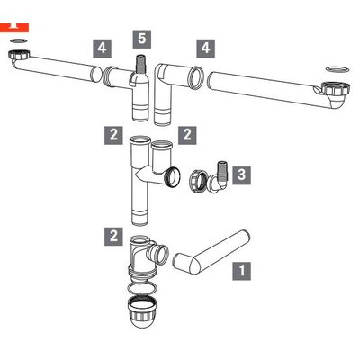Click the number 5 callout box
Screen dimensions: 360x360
point(142,39)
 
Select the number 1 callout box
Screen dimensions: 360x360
point(242,271)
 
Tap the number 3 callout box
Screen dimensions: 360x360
point(242,175)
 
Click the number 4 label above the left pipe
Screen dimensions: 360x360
point(102,48)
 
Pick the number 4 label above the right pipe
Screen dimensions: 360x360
point(206,48)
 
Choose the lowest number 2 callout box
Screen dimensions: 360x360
point(113,237)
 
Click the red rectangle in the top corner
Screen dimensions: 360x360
point(14,27)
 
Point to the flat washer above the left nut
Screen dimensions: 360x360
point(19,40)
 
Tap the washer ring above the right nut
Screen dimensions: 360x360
point(337,68)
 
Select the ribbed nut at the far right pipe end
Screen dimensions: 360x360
point(336,88)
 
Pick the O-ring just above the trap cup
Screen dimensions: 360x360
point(142,288)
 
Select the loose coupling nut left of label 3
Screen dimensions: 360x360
point(198,181)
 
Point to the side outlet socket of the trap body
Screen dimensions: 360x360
point(158,251)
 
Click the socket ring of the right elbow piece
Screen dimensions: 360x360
point(195,77)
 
